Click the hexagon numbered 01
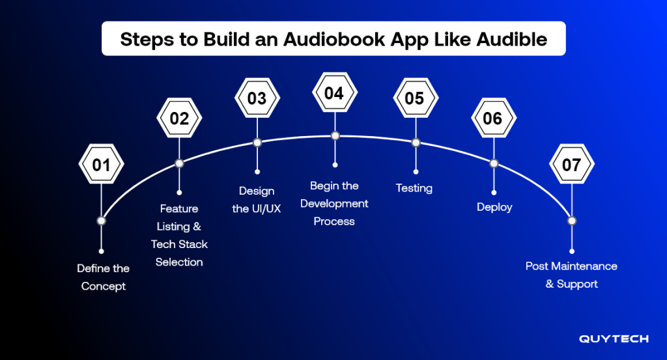[x=101, y=164]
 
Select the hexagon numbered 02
[x=179, y=118]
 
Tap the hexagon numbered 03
[x=257, y=98]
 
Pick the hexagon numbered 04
[x=335, y=92]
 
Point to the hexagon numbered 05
[x=416, y=98]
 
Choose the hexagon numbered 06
[x=494, y=118]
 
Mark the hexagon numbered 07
[x=572, y=164]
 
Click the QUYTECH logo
[x=614, y=339]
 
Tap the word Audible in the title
[x=512, y=39]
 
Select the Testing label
[x=414, y=188]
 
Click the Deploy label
[x=494, y=207]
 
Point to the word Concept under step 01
[x=104, y=286]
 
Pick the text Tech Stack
[x=179, y=244]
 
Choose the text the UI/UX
[x=257, y=209]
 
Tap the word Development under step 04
[x=334, y=204]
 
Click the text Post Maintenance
[x=571, y=266]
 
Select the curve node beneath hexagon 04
[x=335, y=135]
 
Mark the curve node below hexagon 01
[x=101, y=221]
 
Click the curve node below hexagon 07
[x=572, y=221]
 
